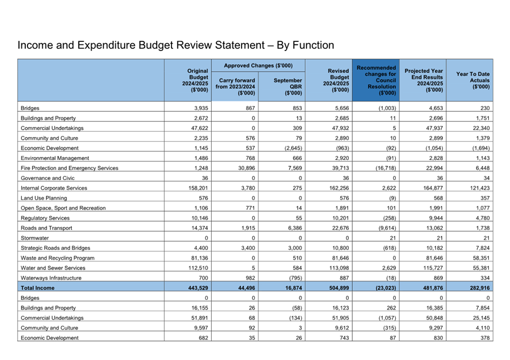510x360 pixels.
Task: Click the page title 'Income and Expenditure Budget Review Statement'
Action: pyautogui.click(x=176, y=45)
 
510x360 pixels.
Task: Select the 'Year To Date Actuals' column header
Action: pyautogui.click(x=473, y=80)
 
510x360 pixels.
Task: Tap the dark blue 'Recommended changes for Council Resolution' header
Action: pyautogui.click(x=376, y=80)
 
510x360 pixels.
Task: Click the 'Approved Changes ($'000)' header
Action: pyautogui.click(x=258, y=65)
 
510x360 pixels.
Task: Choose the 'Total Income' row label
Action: pyautogui.click(x=38, y=288)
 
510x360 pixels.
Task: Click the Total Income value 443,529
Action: pyautogui.click(x=194, y=288)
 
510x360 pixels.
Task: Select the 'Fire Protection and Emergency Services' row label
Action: pyautogui.click(x=69, y=168)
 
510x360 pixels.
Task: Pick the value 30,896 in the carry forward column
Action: pyautogui.click(x=244, y=168)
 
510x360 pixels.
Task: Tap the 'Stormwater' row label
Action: pyautogui.click(x=34, y=238)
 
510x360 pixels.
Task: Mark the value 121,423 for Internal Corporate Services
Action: pyautogui.click(x=477, y=188)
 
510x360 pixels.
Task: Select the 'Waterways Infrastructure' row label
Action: pyautogui.click(x=51, y=278)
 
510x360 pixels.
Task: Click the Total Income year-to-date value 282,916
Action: pyautogui.click(x=477, y=288)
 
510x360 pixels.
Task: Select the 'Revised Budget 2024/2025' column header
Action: pyautogui.click(x=336, y=80)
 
